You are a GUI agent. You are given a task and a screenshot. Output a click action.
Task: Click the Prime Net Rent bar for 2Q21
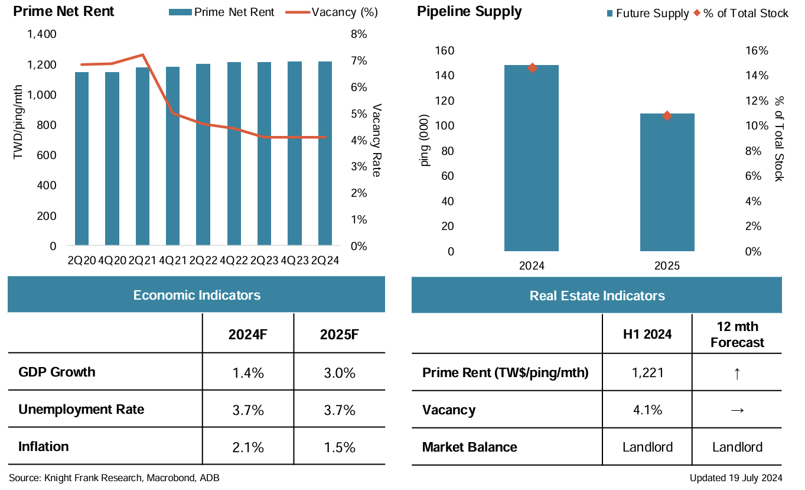[142, 157]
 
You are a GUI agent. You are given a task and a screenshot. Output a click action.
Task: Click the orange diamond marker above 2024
[532, 68]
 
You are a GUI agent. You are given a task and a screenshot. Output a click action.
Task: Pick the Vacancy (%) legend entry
[332, 12]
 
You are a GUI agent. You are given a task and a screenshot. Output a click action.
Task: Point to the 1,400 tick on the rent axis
[42, 34]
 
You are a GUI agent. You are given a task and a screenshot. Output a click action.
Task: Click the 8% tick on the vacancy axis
[358, 34]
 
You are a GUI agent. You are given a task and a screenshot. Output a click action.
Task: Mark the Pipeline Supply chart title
[469, 12]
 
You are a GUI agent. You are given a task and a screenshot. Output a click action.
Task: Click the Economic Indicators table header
[197, 295]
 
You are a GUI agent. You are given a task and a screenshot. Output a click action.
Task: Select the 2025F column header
[339, 335]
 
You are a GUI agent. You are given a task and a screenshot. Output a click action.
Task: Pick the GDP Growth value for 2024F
[247, 374]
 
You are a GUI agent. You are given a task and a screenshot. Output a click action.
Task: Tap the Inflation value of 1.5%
[339, 447]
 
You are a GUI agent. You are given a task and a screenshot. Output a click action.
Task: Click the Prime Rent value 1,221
[647, 373]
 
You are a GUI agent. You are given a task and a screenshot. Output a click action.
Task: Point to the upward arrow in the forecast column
[736, 374]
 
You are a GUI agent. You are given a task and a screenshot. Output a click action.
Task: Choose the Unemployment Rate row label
[81, 409]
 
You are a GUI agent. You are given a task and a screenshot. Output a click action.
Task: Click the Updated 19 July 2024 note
[736, 478]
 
